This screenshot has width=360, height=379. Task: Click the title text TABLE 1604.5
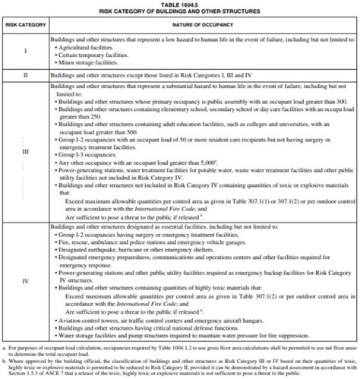[180, 5]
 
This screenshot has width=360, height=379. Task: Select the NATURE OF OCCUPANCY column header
[203, 25]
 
